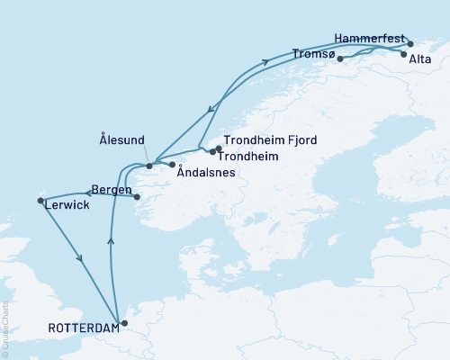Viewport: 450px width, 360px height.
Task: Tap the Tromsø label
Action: [x=314, y=54]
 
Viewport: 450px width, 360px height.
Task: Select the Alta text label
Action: [x=418, y=59]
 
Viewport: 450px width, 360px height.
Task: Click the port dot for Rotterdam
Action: [x=125, y=321]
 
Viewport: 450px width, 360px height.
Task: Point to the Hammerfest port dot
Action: [x=409, y=43]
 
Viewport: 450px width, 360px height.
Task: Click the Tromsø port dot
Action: [x=339, y=59]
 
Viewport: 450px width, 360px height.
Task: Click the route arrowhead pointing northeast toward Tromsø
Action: [x=266, y=62]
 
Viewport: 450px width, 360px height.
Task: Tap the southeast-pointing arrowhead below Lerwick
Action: [x=82, y=259]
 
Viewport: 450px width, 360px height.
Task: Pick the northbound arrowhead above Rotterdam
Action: [x=111, y=240]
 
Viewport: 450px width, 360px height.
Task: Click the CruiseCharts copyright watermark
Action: [x=5, y=328]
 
